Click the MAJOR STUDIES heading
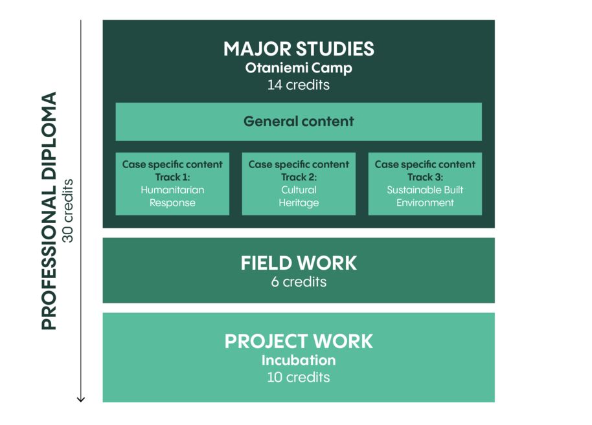coord(299,49)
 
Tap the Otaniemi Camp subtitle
coord(299,68)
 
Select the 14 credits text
coord(299,85)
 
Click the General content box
coord(299,122)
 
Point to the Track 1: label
coord(172,177)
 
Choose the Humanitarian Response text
coord(172,196)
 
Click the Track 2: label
coord(299,177)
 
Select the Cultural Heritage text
coord(299,196)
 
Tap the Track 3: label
coord(425,177)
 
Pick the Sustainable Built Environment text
coord(425,196)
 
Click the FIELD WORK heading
coord(299,263)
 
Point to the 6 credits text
coord(299,282)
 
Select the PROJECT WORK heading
coord(299,342)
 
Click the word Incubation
coord(299,360)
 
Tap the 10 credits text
coord(299,377)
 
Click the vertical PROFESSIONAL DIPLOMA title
coord(49,211)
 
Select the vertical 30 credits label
coord(68,211)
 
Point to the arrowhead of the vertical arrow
coord(81,399)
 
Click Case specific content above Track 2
coord(299,164)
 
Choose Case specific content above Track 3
coord(425,164)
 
